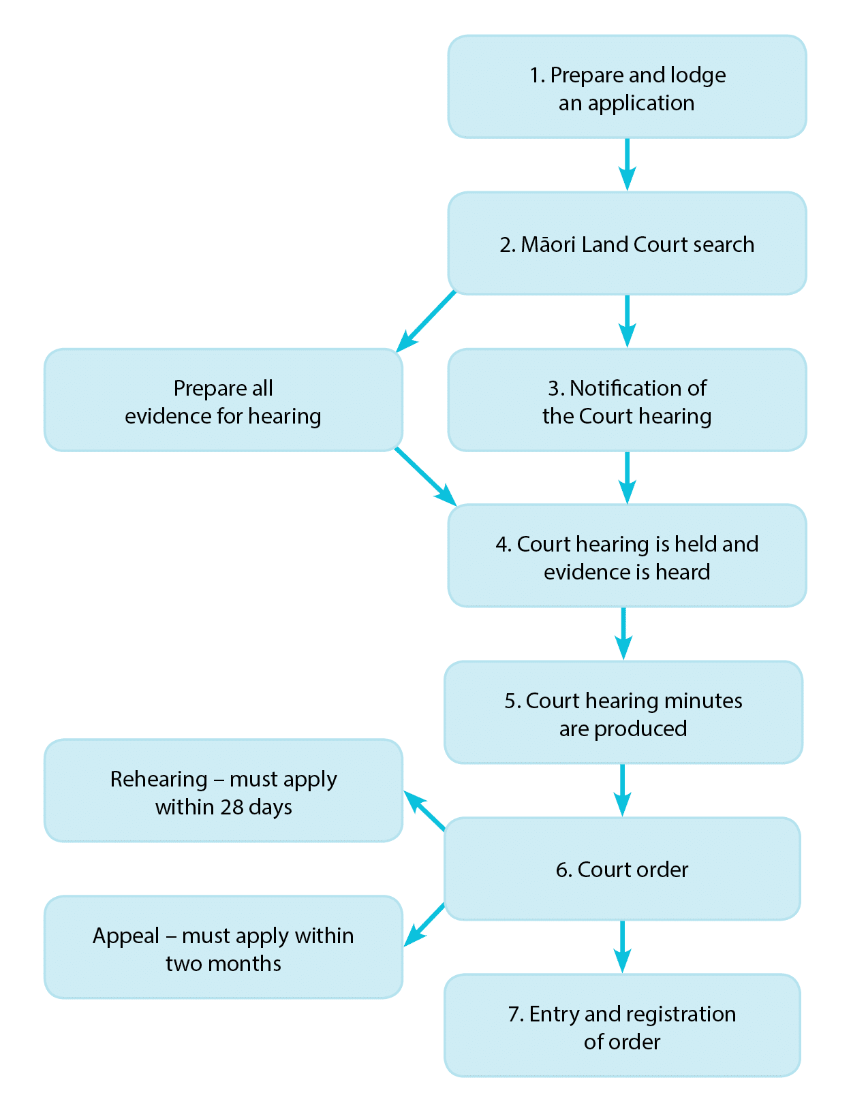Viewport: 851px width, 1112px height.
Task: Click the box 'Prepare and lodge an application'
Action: pyautogui.click(x=627, y=87)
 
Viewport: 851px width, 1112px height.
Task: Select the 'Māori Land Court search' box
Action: pyautogui.click(x=627, y=243)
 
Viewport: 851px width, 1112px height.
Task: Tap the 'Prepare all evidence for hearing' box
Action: pyautogui.click(x=223, y=400)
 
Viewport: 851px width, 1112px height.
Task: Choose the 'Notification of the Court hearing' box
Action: pyautogui.click(x=627, y=400)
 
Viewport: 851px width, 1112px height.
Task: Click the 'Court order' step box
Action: pyautogui.click(x=622, y=869)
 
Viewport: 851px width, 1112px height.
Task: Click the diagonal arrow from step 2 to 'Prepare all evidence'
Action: pyautogui.click(x=427, y=321)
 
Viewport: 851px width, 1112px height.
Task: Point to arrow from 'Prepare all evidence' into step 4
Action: pyautogui.click(x=425, y=477)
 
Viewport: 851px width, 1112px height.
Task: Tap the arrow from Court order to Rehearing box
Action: pyautogui.click(x=424, y=810)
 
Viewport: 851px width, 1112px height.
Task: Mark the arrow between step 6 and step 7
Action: pyautogui.click(x=622, y=947)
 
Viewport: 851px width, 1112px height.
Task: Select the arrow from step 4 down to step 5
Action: pyautogui.click(x=623, y=633)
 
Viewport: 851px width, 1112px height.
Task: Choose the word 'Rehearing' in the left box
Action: pyautogui.click(x=159, y=779)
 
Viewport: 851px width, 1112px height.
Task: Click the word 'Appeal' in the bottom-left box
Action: pyautogui.click(x=125, y=936)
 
